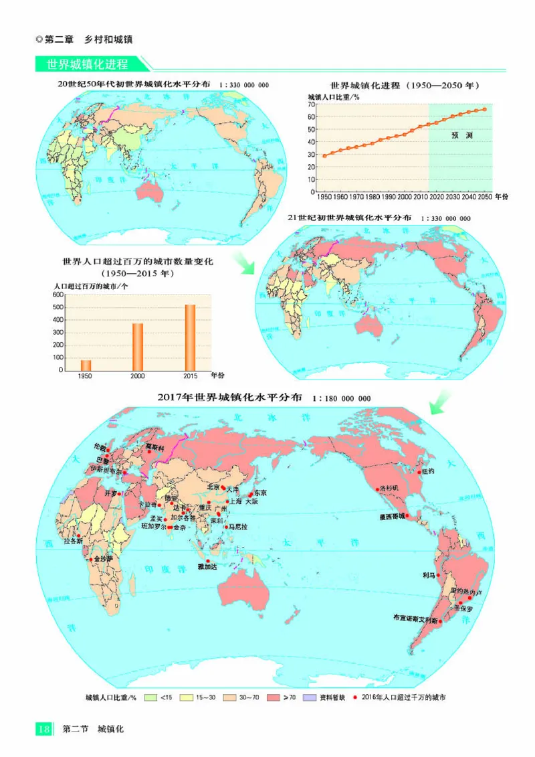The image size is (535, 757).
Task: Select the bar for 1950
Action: [86, 365]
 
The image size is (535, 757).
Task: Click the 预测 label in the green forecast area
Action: [461, 135]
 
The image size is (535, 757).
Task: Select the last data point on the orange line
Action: [485, 109]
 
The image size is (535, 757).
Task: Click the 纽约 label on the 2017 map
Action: [427, 471]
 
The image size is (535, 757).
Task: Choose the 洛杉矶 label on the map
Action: [389, 488]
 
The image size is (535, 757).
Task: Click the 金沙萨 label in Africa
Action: [104, 558]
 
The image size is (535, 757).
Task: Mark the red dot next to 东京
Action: [251, 495]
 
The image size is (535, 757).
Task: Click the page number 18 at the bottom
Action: [44, 729]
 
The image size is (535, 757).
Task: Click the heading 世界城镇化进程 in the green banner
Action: [87, 65]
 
